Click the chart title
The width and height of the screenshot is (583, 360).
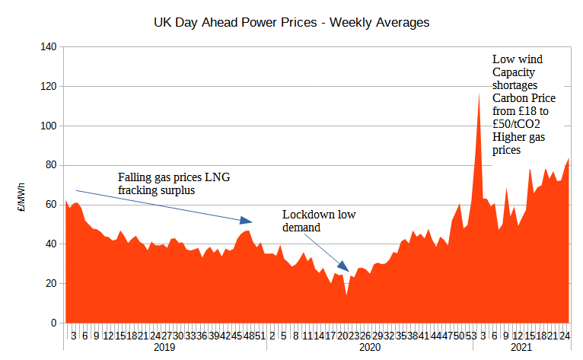tap(291, 23)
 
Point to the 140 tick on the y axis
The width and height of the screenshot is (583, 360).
tap(49, 47)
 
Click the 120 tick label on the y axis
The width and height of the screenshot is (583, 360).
tap(49, 87)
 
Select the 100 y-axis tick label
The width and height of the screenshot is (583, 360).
tap(49, 126)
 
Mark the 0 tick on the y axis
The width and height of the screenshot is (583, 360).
tap(54, 323)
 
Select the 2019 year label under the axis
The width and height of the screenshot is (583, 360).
tap(164, 348)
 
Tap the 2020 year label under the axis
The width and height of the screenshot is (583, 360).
tap(369, 348)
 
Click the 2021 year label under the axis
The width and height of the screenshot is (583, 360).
tap(521, 348)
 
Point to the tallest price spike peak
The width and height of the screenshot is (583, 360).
tap(479, 93)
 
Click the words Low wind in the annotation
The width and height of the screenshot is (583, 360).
tap(517, 59)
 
